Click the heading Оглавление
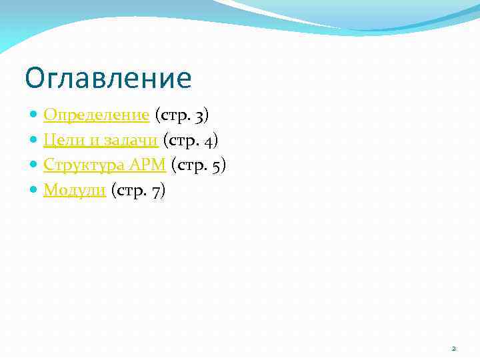(x=108, y=78)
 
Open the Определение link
(x=96, y=115)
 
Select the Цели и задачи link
(x=100, y=140)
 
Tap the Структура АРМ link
(x=104, y=165)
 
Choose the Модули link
(x=75, y=190)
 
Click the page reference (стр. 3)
(x=182, y=115)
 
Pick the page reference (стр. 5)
(x=199, y=165)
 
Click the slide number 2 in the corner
(x=454, y=349)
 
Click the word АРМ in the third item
(x=148, y=165)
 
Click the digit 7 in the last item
(x=155, y=191)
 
